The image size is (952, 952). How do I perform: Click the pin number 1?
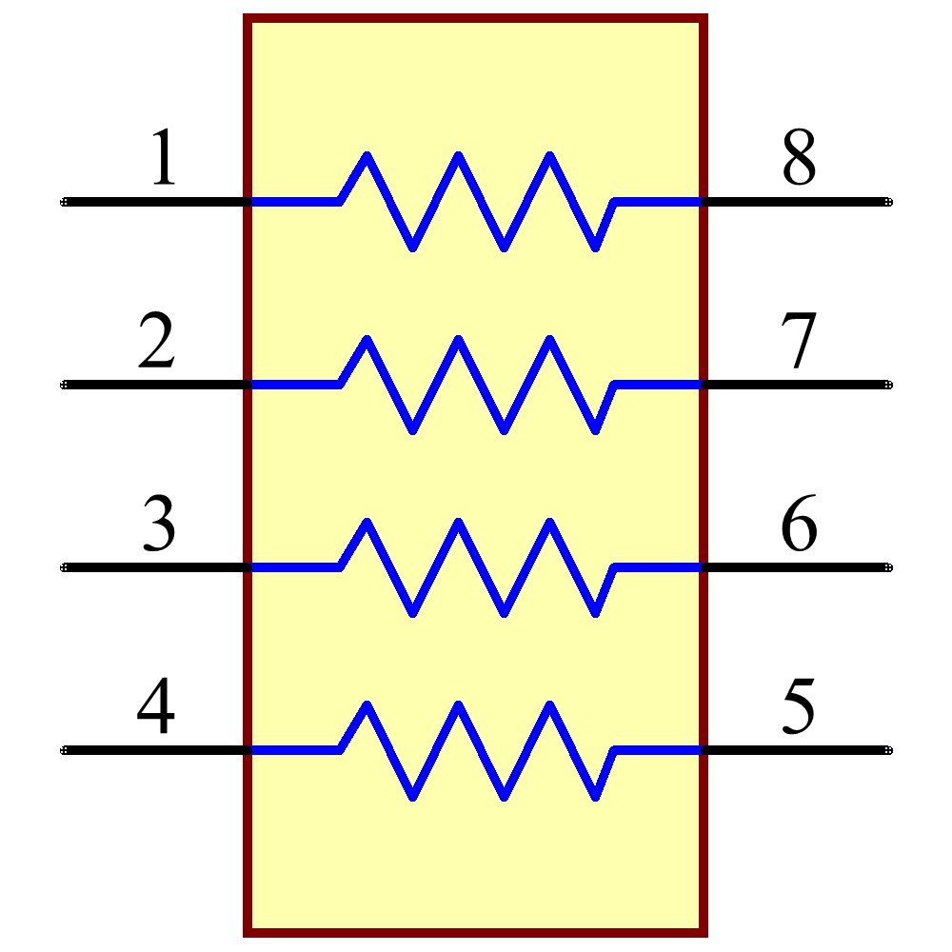tap(164, 158)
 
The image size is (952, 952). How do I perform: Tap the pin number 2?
tap(157, 341)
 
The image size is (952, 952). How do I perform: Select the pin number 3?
tap(159, 524)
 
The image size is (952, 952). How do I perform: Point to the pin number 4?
tap(156, 706)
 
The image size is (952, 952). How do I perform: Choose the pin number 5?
tap(798, 706)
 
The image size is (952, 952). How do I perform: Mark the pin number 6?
tap(799, 524)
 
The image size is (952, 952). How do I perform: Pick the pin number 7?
tap(798, 341)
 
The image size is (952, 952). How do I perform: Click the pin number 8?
tap(799, 158)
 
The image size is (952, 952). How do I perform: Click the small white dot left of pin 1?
tap(64, 202)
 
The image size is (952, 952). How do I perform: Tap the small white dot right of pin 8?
tap(888, 202)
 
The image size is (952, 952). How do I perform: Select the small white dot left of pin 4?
tap(64, 750)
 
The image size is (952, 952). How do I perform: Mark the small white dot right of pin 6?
tap(888, 567)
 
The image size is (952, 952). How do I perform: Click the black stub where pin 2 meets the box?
tap(247, 385)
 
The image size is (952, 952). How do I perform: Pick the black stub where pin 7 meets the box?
tap(704, 385)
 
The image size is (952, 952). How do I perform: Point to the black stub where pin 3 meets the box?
tap(247, 567)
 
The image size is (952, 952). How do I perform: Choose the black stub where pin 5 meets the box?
tap(704, 750)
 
